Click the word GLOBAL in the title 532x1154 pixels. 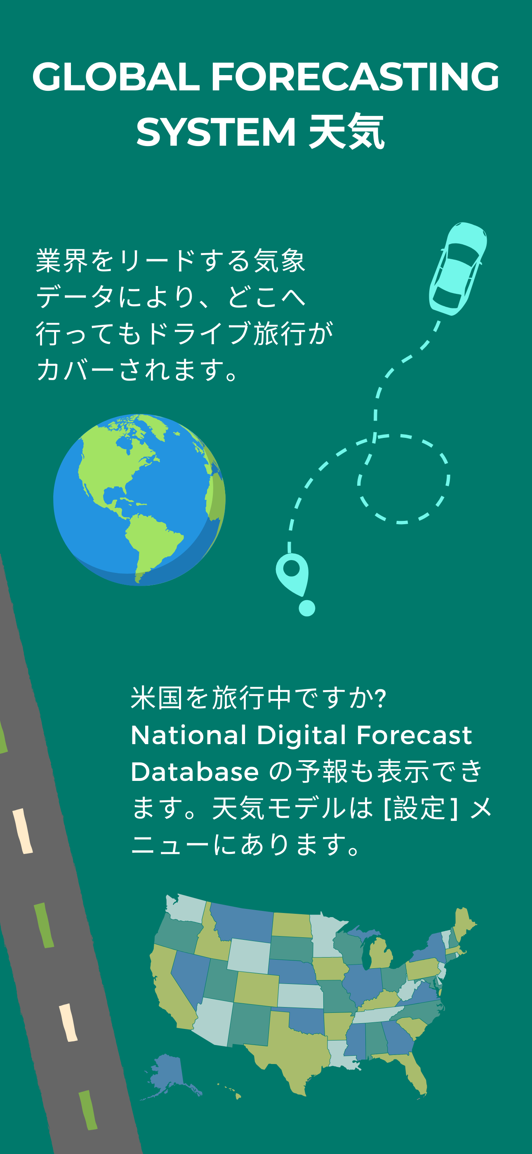115,77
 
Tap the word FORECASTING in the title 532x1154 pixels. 355,77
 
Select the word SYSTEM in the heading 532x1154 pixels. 216,132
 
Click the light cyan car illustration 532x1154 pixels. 458,269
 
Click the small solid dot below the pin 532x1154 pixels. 307,608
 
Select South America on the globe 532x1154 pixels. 152,544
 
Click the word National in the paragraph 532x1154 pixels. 188,735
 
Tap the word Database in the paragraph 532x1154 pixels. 195,772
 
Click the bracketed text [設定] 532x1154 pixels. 421,808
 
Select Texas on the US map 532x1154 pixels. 291,1048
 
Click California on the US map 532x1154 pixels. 170,986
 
